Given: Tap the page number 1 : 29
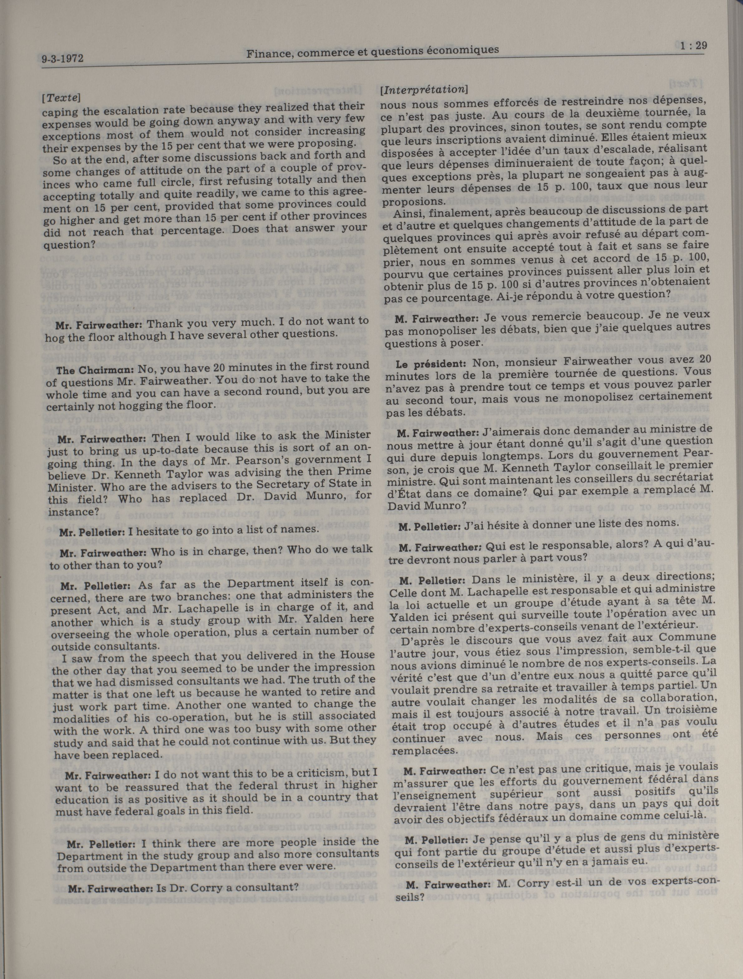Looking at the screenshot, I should pos(692,46).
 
